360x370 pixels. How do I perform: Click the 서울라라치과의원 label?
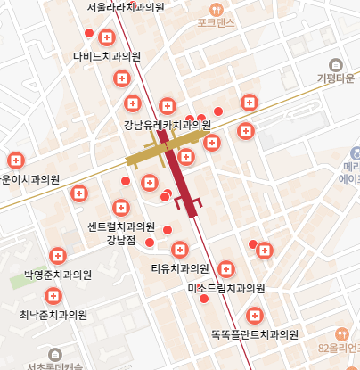click(x=126, y=7)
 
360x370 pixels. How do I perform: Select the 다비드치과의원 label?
click(x=107, y=56)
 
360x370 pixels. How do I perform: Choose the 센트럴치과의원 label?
click(x=121, y=226)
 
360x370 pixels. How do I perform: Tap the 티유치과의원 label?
click(x=179, y=268)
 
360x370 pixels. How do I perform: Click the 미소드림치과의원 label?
click(x=226, y=289)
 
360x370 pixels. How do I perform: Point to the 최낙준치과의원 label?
click(x=53, y=315)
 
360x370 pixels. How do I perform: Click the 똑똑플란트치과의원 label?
click(x=254, y=335)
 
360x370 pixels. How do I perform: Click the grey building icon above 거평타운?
click(x=336, y=64)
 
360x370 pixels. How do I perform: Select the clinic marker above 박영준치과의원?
click(x=58, y=255)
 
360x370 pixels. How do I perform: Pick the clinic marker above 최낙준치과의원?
click(x=53, y=296)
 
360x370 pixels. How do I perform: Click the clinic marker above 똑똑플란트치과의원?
click(x=255, y=316)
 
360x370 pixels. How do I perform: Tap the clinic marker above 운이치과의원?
click(x=15, y=160)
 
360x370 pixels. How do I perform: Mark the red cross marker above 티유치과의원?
click(x=181, y=249)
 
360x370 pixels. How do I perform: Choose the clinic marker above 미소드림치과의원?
click(x=226, y=268)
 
